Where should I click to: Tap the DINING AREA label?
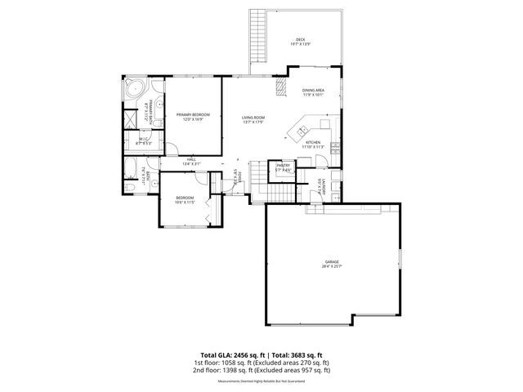click(314, 90)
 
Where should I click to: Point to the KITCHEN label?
click(314, 142)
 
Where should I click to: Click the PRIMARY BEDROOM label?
click(193, 114)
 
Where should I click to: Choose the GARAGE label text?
click(331, 261)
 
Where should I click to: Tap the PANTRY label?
click(283, 165)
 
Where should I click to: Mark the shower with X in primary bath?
click(129, 117)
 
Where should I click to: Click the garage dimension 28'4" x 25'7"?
click(331, 267)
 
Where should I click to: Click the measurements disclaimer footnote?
click(261, 381)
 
